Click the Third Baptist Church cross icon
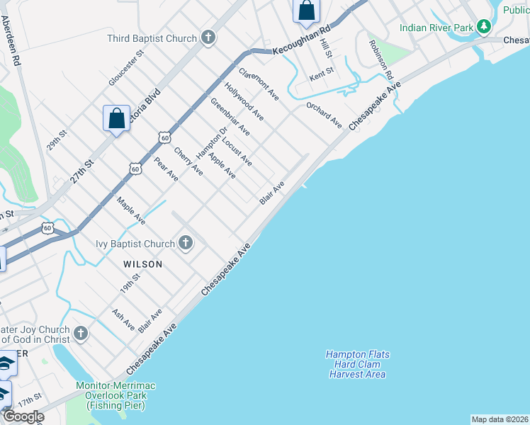208,38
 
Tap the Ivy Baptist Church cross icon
186,244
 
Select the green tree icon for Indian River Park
484,28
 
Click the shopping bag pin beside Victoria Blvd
116,118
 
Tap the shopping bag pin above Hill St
306,11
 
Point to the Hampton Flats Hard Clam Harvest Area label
357,364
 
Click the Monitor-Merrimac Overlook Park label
115,395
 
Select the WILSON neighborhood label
142,264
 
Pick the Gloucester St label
126,68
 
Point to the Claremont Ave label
259,83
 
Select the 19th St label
130,285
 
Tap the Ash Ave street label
123,319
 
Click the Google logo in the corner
23,416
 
